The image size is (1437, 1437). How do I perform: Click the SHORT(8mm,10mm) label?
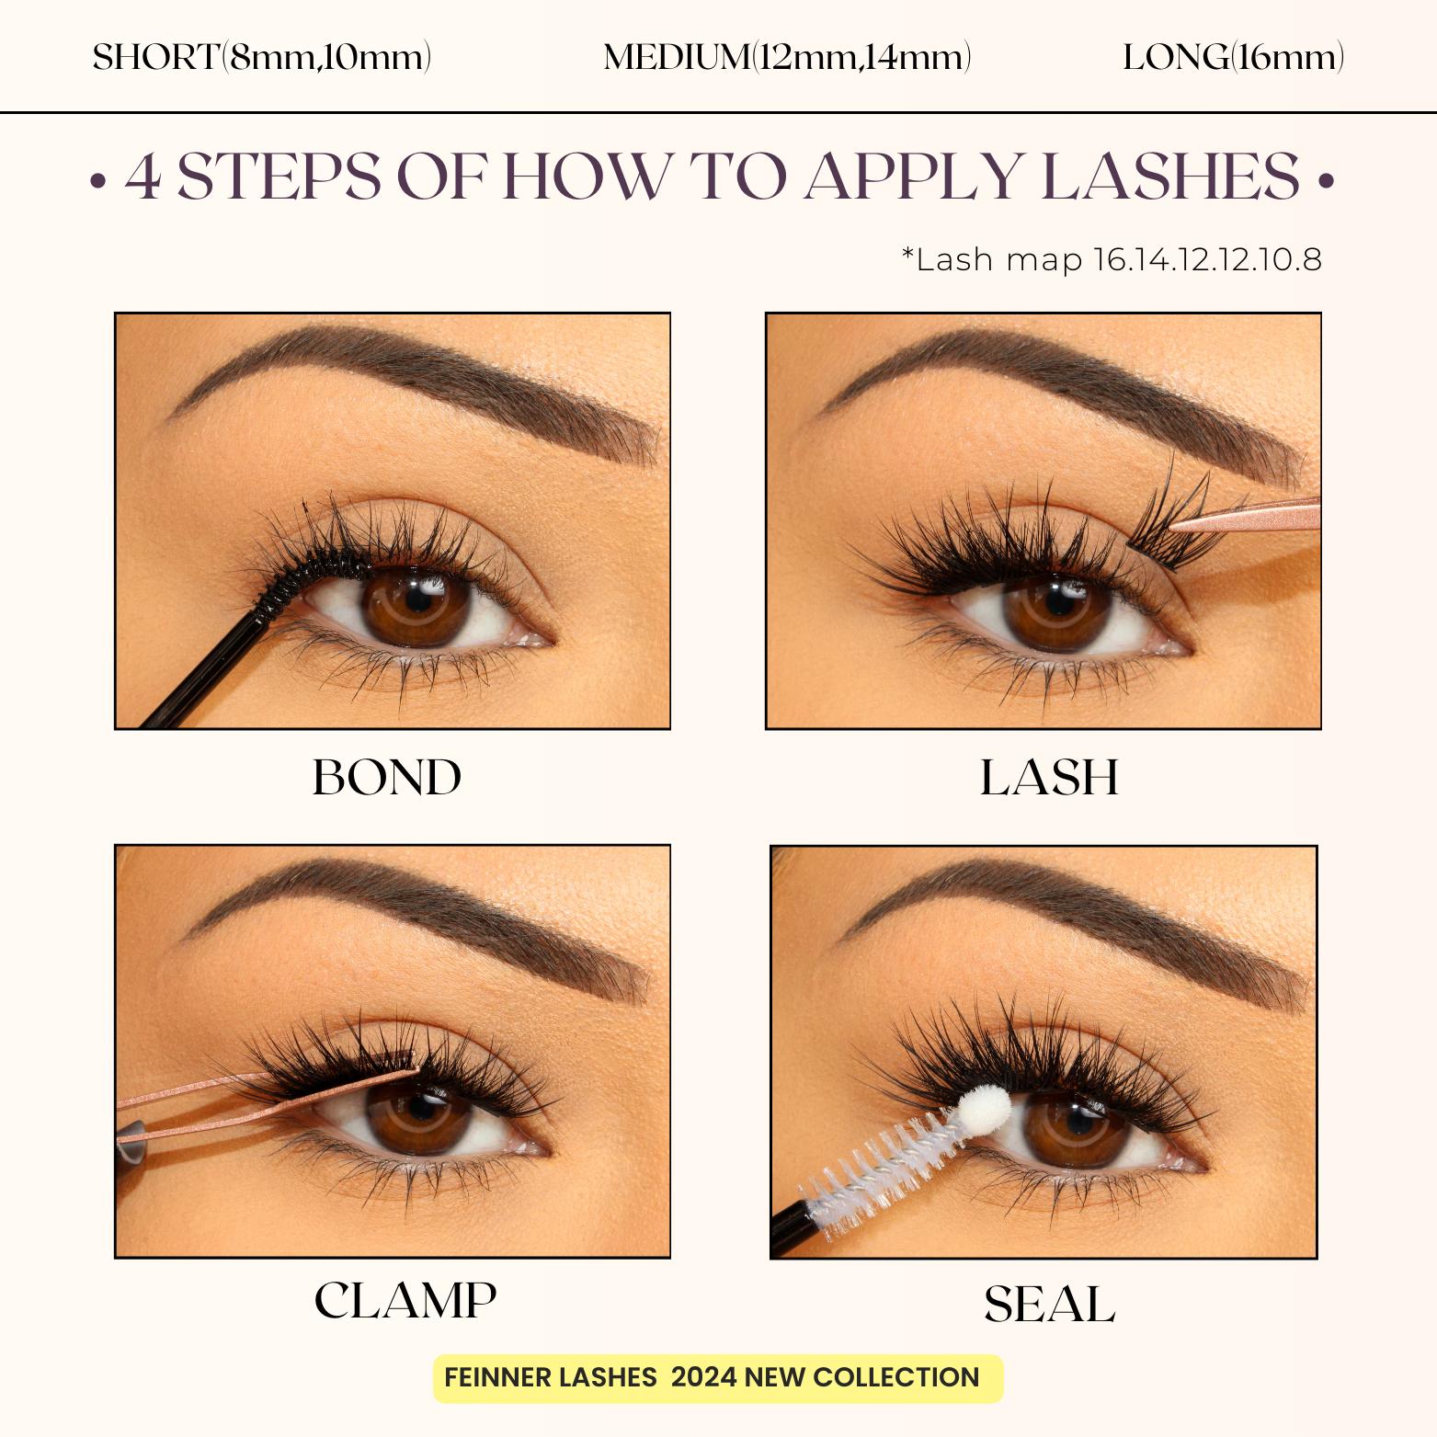262,58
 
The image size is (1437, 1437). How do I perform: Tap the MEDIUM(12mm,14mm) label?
787,58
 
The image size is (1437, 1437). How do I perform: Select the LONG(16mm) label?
1233,58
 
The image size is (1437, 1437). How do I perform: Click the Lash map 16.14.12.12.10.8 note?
1112,260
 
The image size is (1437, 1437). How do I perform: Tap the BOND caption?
387,778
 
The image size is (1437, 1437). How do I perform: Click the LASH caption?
1049,778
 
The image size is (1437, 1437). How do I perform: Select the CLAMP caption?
405,1300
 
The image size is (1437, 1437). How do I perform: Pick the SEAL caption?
1049,1305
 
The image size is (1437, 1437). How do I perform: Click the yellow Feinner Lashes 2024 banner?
717,1377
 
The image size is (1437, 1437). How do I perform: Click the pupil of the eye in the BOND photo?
418,599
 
